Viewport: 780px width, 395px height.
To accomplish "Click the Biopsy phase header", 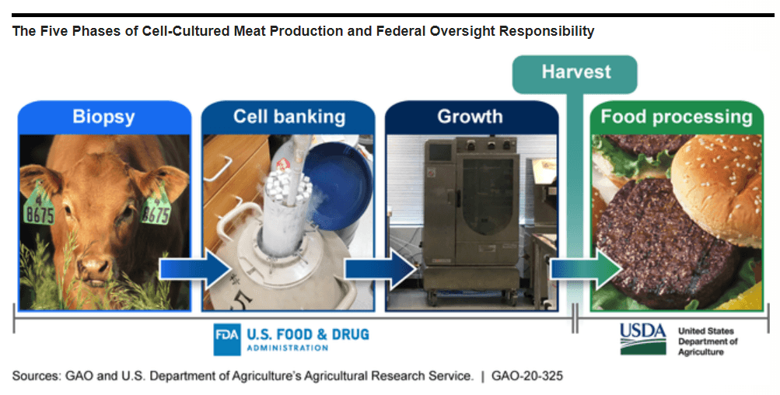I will tap(103, 117).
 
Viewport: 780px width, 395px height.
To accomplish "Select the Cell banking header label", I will tap(289, 117).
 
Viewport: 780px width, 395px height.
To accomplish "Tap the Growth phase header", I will tap(470, 117).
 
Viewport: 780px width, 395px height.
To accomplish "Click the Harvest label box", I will tap(575, 72).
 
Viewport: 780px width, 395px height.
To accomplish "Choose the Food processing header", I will tap(677, 117).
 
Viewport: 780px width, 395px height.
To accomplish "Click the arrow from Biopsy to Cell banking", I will tap(194, 269).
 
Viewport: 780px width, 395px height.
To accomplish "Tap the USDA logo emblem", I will tap(642, 335).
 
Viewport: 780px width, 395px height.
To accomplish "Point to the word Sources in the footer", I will tap(36, 376).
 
